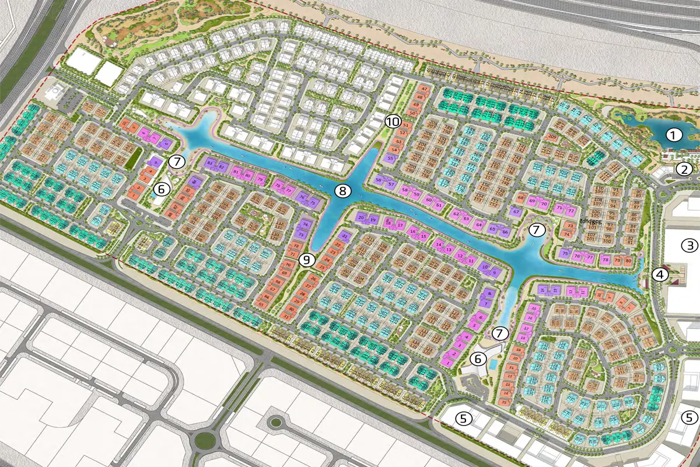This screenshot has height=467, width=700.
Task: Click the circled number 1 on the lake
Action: click(674, 135)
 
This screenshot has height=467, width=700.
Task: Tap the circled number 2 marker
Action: click(684, 169)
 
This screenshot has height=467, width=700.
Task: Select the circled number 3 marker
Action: click(691, 245)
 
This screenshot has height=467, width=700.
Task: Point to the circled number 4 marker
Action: click(660, 274)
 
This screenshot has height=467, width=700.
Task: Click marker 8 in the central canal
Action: click(343, 190)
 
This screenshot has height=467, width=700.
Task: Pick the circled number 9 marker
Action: click(307, 260)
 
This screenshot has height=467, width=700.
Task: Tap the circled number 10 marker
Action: click(393, 122)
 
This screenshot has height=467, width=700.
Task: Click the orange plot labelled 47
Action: click(424, 89)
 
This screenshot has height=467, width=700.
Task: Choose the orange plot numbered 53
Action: click(400, 142)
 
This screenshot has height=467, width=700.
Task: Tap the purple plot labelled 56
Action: click(380, 180)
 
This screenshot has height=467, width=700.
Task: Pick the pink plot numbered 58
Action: click(405, 190)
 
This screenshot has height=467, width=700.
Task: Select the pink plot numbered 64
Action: click(479, 225)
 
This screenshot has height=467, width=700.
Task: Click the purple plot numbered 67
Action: click(516, 211)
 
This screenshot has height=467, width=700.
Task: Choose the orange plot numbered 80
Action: click(628, 260)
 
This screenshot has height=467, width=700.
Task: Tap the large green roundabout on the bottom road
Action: click(204, 441)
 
